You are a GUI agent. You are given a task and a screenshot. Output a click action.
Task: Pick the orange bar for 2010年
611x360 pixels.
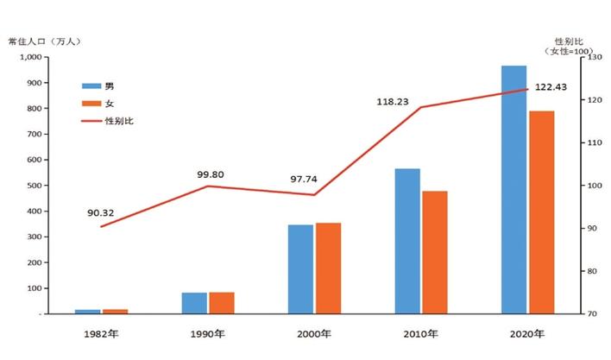435,252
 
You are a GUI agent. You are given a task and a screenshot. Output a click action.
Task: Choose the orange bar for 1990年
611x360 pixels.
222,303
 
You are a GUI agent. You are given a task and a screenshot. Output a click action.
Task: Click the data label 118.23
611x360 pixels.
394,101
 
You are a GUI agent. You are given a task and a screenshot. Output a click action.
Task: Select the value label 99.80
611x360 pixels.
210,174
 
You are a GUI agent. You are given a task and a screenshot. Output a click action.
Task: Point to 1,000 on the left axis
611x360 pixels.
29,57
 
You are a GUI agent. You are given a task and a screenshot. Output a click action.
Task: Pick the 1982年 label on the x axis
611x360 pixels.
102,334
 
